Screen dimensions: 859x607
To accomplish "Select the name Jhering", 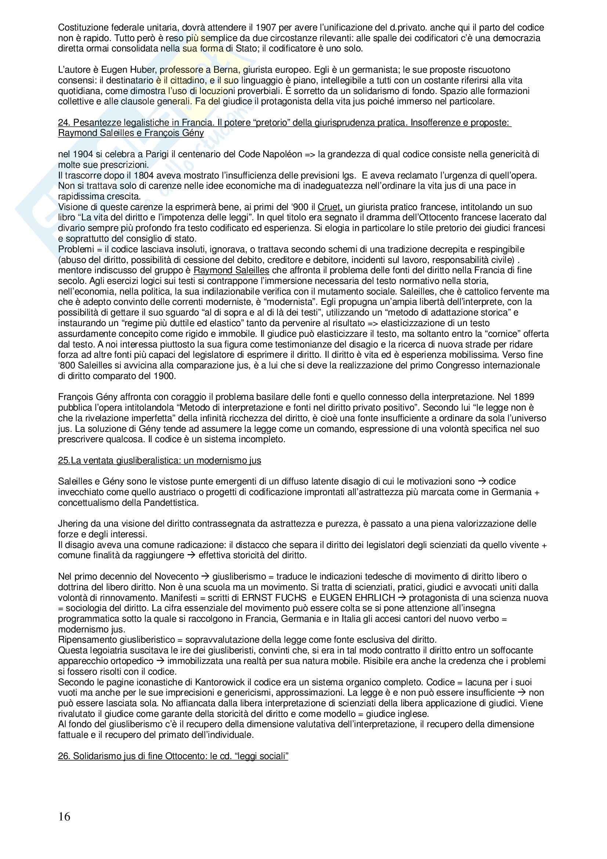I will pyautogui.click(x=73, y=523).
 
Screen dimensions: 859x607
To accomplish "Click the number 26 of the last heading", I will pyautogui.click(x=63, y=756).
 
